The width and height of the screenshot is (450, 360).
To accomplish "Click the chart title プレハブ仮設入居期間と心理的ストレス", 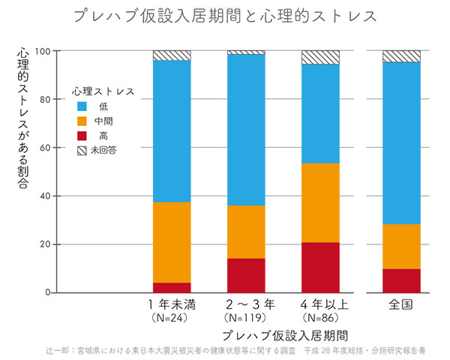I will click(225, 16).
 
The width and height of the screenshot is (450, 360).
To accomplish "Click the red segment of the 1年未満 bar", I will click(172, 287).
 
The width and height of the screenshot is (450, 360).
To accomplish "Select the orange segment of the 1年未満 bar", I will click(172, 242).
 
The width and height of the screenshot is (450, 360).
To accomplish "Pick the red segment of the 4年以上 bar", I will click(320, 267).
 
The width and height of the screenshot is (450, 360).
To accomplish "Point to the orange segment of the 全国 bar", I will click(401, 247).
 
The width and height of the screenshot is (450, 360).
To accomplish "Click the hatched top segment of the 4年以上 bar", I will click(320, 58).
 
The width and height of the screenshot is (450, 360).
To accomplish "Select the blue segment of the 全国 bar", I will click(401, 142).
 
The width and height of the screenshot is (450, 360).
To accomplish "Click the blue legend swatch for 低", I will click(82, 106).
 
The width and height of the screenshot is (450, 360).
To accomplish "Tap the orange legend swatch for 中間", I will click(82, 121).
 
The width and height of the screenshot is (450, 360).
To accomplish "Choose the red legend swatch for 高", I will click(82, 136).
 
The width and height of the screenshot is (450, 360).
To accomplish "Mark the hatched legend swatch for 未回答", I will click(82, 150).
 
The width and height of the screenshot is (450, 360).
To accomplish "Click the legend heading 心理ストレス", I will click(103, 91).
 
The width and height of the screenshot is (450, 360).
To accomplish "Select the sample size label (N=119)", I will click(246, 318).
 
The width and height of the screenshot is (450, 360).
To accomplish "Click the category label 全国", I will click(401, 305).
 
